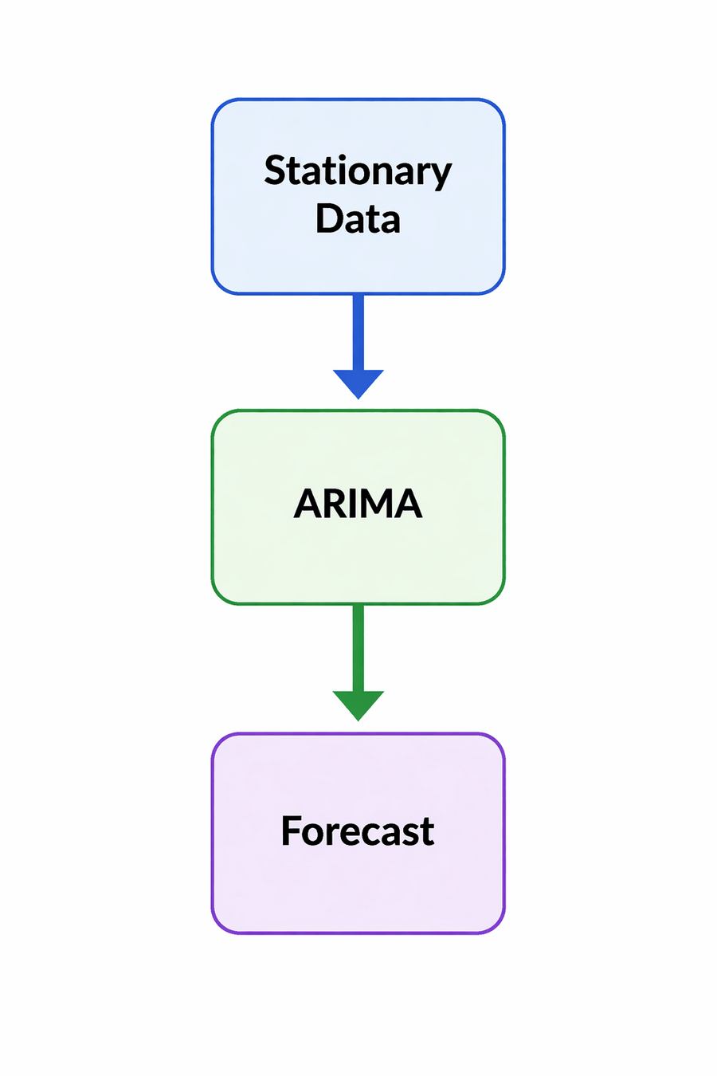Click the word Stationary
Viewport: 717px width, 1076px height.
point(358,171)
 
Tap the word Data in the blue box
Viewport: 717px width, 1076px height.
point(358,219)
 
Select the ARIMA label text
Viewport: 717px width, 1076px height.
point(358,504)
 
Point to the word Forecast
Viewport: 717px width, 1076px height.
point(358,831)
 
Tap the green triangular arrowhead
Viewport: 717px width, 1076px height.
point(358,705)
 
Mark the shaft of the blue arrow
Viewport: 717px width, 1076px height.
point(358,331)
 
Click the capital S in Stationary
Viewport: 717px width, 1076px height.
point(275,171)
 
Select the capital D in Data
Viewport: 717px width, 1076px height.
point(329,218)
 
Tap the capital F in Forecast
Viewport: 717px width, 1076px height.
point(292,831)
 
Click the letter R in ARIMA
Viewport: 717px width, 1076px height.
point(334,504)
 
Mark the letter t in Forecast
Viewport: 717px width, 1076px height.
point(428,831)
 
